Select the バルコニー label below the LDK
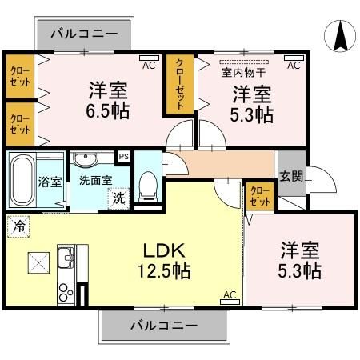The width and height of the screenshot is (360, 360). point(162,326)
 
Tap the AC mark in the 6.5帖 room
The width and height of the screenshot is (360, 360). point(148,65)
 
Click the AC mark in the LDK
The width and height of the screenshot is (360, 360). point(229,295)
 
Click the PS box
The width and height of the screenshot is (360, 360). point(123,157)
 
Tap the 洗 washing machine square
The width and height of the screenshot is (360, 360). point(118,198)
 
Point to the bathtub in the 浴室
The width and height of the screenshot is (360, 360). point(23,180)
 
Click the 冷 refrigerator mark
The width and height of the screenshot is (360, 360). point(18,226)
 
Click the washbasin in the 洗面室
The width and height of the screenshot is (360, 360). point(90,158)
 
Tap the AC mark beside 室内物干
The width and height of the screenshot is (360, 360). point(293,65)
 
